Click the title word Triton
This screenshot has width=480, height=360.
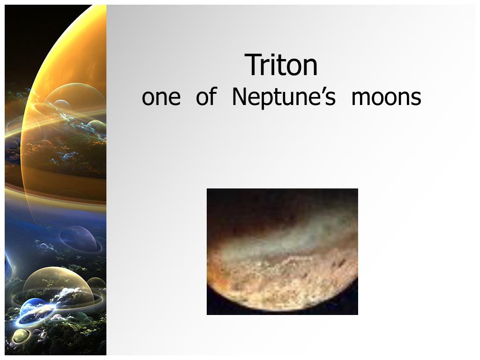click(281, 65)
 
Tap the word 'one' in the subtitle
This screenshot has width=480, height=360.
click(161, 97)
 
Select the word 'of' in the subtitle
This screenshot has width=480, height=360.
click(207, 96)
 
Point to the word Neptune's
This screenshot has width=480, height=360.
click(284, 97)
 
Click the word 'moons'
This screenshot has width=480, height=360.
click(386, 97)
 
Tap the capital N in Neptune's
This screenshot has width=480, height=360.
click(240, 97)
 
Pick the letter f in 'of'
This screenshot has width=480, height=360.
click(213, 96)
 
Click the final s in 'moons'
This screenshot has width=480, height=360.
click(416, 97)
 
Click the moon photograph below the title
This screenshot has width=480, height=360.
click(282, 252)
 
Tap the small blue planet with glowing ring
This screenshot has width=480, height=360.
click(34, 311)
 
